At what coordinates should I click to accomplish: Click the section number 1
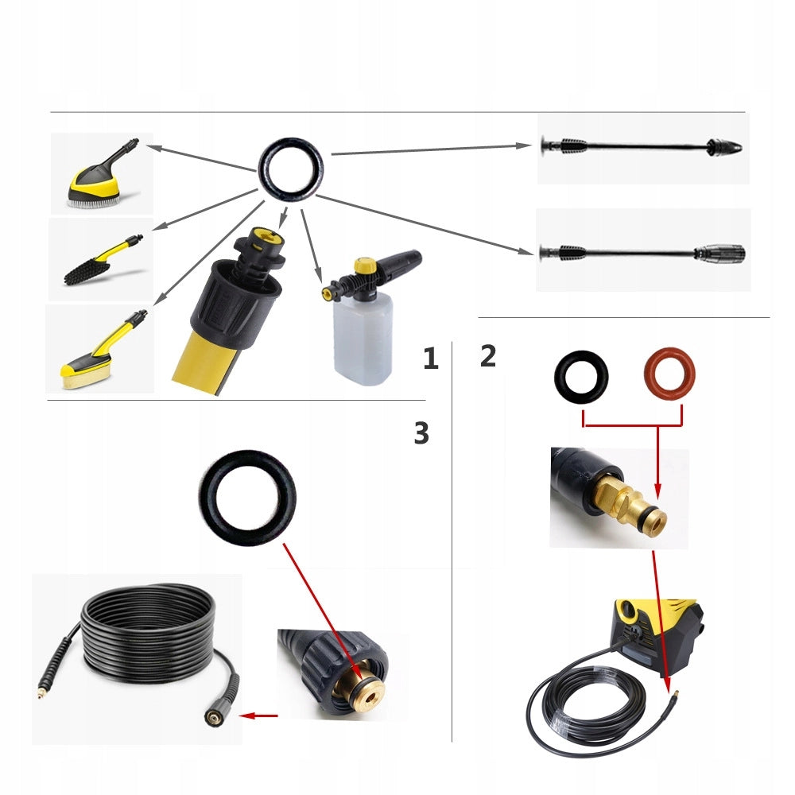431,358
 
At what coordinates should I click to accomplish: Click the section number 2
488,356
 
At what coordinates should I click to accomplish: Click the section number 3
421,433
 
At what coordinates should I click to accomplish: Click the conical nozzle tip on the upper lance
726,148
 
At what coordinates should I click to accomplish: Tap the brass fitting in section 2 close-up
627,510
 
